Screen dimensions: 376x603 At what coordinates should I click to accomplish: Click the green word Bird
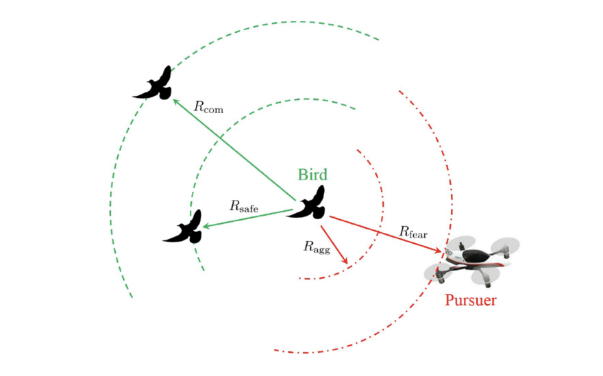[312, 174]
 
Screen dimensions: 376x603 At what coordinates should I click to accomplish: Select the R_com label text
[209, 107]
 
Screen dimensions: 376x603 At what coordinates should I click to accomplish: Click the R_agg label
[317, 247]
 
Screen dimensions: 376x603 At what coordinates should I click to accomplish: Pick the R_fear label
[413, 232]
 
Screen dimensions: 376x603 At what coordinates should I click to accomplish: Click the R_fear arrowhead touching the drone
[437, 251]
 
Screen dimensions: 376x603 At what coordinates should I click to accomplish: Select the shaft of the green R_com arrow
[233, 151]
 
